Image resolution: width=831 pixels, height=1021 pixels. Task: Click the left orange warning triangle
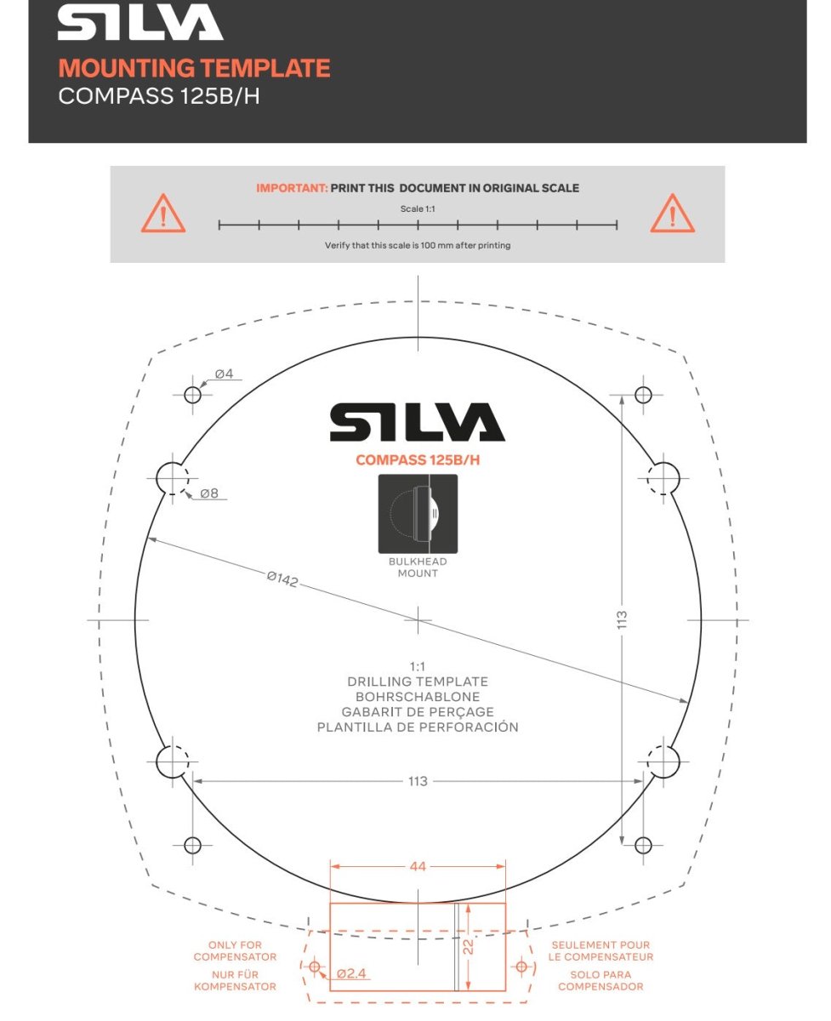163,214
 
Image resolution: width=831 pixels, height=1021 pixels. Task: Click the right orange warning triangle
672,214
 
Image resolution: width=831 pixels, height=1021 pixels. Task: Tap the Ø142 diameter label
282,580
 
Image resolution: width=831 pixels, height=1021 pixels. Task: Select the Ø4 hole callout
225,374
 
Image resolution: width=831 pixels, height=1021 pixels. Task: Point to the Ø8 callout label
210,493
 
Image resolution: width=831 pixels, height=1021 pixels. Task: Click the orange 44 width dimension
418,866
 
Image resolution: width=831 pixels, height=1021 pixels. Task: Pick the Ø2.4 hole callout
351,973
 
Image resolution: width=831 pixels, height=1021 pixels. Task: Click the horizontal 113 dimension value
418,781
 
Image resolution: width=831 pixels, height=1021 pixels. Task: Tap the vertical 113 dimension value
622,620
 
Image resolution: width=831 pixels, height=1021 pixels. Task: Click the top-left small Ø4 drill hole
192,395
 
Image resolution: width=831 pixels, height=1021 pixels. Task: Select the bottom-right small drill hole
643,845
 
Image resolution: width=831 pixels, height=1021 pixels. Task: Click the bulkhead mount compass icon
418,514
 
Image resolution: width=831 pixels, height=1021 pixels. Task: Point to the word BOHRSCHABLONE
418,697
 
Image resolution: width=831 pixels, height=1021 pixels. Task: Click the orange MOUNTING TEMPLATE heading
194,68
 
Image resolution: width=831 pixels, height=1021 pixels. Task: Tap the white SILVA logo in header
140,24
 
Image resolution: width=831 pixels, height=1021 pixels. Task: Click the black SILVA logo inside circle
418,423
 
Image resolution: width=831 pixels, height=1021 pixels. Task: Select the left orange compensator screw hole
315,967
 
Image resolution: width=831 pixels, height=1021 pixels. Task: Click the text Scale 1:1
418,208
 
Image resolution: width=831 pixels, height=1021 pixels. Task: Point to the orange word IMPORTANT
292,188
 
